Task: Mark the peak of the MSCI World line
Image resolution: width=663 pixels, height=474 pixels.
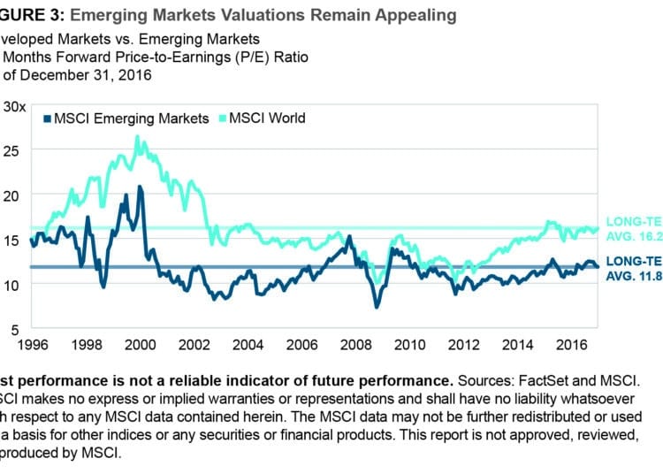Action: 137,136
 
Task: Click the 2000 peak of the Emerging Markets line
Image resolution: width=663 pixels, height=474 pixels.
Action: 141,187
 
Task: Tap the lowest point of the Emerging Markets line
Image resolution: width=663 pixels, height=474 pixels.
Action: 377,307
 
